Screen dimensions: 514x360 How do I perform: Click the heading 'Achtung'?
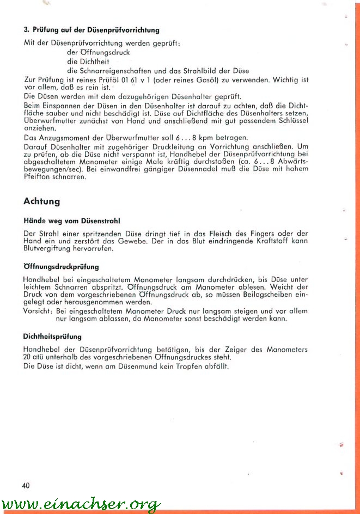(42, 201)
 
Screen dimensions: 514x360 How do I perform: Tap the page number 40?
(26, 486)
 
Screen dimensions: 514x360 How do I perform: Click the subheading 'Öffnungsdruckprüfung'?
(61, 267)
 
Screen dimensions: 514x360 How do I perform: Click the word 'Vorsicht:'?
(38, 310)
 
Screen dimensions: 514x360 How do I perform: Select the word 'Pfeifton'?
(38, 176)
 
